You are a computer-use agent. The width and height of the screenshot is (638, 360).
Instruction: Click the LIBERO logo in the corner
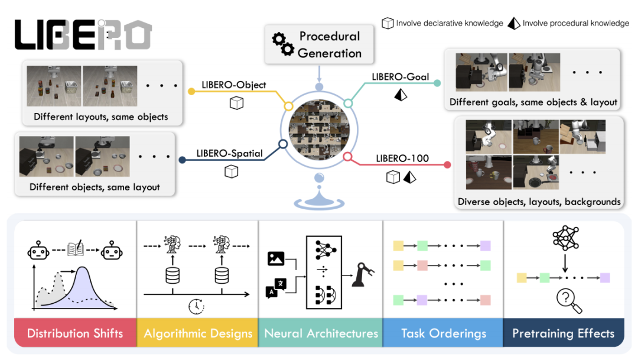click(x=83, y=34)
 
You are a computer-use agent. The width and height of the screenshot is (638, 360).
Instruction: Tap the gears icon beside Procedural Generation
click(x=282, y=44)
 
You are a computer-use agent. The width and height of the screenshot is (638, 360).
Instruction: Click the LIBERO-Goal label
click(x=400, y=76)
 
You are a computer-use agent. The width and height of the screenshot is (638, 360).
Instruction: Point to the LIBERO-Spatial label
click(x=229, y=154)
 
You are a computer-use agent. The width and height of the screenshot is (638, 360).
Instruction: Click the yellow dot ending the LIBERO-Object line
click(x=191, y=92)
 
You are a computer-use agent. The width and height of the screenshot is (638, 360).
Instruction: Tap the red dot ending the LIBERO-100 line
click(x=447, y=165)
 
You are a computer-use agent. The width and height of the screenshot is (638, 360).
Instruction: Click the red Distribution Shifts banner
click(x=75, y=333)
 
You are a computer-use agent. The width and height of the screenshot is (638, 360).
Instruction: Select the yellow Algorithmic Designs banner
click(x=198, y=333)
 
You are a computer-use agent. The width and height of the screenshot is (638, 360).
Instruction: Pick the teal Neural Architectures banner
click(x=321, y=333)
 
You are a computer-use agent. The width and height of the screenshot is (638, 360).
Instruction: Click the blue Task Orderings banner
click(x=444, y=333)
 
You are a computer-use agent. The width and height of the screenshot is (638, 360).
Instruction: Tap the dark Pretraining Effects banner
click(x=563, y=333)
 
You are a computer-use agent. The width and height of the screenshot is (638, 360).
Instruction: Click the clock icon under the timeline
click(x=196, y=306)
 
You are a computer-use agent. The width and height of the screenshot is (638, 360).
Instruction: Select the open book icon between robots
click(x=75, y=249)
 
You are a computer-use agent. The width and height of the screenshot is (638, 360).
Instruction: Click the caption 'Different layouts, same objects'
click(x=100, y=116)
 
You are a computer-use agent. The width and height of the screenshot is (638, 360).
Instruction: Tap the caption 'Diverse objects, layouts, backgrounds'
click(x=539, y=202)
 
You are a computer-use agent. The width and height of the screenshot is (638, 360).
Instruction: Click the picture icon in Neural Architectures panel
click(x=275, y=258)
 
